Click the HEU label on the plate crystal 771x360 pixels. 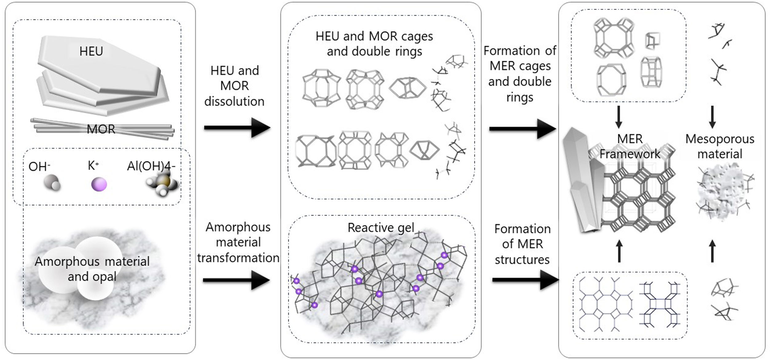tap(91, 51)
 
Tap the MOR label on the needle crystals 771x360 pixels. tap(101, 129)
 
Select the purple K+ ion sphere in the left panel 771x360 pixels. tap(99, 184)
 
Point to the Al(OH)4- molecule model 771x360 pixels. tap(162, 184)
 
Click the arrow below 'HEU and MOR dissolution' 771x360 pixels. tap(237, 128)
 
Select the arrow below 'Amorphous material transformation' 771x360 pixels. tap(236, 280)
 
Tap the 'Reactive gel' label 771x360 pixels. tap(381, 228)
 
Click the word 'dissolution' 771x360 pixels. tap(234, 101)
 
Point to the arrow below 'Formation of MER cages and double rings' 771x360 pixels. tap(522, 129)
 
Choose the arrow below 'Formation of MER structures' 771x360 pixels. tap(525, 280)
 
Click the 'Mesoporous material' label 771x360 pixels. tap(720, 146)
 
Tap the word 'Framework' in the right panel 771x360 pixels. tap(630, 154)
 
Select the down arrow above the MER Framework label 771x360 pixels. tap(619, 117)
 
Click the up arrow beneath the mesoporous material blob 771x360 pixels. tap(712, 251)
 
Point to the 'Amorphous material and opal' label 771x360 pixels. tap(92, 269)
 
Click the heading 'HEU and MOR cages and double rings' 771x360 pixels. tap(374, 44)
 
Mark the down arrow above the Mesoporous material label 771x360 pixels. tap(712, 117)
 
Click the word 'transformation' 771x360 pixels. tap(238, 258)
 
